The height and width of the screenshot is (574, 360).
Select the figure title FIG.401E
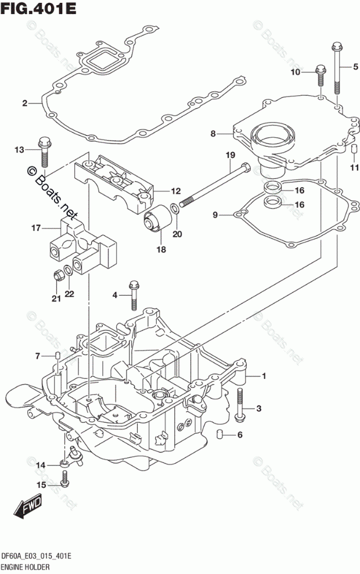click(38, 8)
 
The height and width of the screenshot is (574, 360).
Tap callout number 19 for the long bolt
click(230, 155)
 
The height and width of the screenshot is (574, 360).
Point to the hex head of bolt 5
click(337, 46)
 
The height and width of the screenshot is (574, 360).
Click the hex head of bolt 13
click(45, 141)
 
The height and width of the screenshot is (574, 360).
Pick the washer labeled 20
click(175, 209)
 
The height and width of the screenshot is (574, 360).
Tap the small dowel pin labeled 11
click(354, 149)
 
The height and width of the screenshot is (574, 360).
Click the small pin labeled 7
click(57, 356)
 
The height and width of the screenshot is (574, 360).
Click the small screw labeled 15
click(65, 479)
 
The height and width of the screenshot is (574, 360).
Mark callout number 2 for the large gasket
click(25, 103)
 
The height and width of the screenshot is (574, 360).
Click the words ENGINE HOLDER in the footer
click(25, 568)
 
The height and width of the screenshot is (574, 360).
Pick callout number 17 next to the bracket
click(36, 228)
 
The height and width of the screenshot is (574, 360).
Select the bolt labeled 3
click(239, 404)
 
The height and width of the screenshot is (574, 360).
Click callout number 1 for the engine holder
click(264, 376)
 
